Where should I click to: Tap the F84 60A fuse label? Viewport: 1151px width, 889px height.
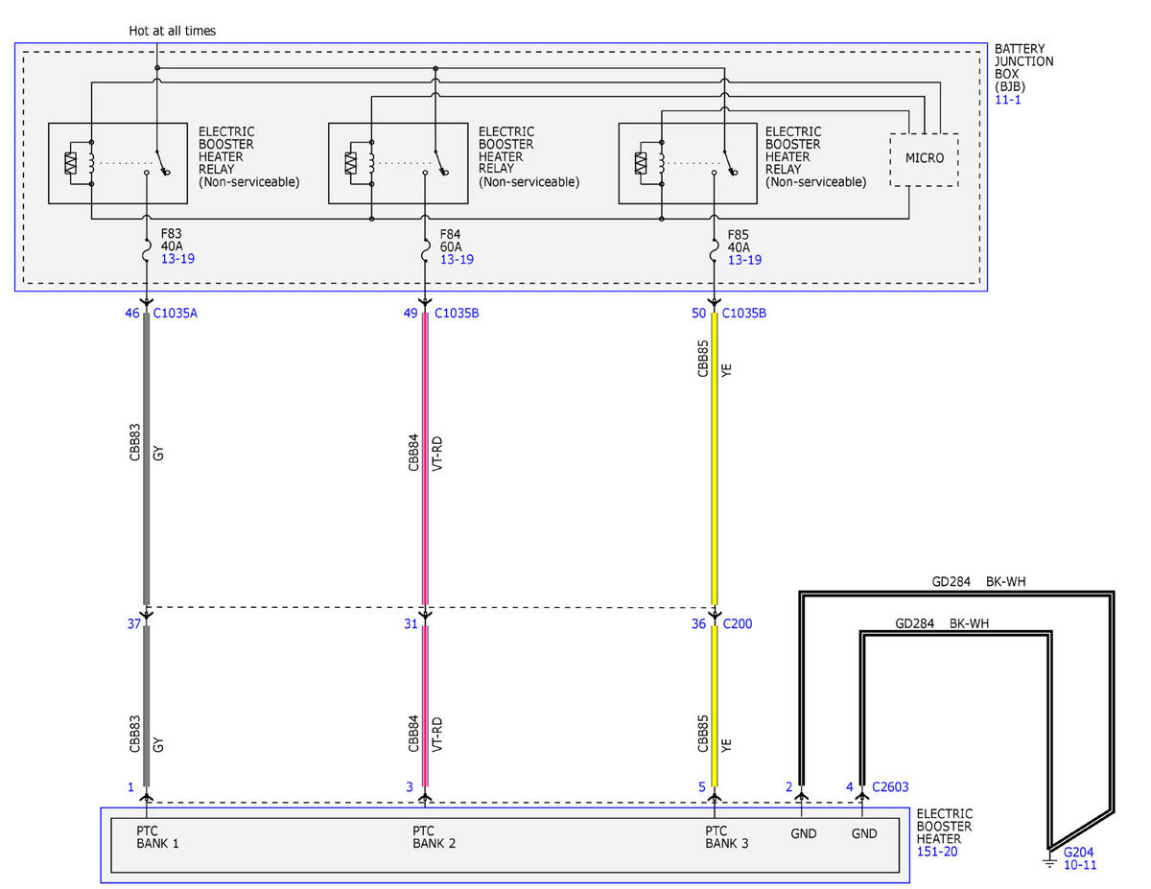click(450, 241)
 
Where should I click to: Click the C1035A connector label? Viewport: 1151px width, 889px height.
click(175, 313)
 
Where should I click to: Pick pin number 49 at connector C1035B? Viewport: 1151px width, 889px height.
click(411, 313)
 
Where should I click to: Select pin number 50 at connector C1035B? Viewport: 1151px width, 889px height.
click(698, 313)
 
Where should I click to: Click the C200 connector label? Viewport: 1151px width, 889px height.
click(737, 623)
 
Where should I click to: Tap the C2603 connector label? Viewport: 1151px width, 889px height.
click(890, 786)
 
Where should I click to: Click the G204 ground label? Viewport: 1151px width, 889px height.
click(1078, 852)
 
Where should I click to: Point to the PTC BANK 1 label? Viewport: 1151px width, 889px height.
click(157, 837)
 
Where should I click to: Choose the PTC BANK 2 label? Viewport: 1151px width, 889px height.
click(434, 837)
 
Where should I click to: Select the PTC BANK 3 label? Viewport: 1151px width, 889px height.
click(726, 837)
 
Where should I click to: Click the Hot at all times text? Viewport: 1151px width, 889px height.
click(172, 31)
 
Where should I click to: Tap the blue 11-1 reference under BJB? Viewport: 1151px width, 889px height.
click(1007, 100)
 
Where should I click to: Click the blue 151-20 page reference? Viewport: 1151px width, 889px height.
click(936, 852)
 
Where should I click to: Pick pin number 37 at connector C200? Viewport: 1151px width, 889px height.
click(134, 623)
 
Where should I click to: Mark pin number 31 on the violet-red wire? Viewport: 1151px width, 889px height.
click(411, 623)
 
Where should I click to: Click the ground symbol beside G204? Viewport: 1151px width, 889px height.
click(1049, 860)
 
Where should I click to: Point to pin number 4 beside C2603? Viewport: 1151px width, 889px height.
click(849, 786)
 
